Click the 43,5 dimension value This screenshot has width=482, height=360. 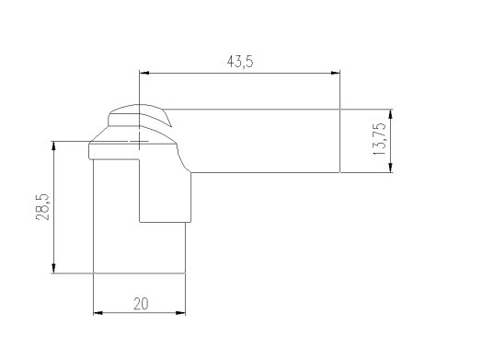click(240, 62)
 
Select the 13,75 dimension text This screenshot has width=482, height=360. click(379, 139)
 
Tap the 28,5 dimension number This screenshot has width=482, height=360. click(42, 207)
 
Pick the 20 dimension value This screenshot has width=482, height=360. click(141, 304)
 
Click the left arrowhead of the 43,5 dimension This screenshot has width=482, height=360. click(144, 73)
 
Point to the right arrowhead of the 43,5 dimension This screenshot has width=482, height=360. click(336, 73)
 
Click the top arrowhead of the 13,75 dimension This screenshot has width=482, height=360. click(390, 114)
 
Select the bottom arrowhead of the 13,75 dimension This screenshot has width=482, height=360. click(390, 168)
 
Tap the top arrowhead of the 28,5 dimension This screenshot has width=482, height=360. click(53, 145)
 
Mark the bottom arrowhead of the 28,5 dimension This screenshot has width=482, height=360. click(53, 268)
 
